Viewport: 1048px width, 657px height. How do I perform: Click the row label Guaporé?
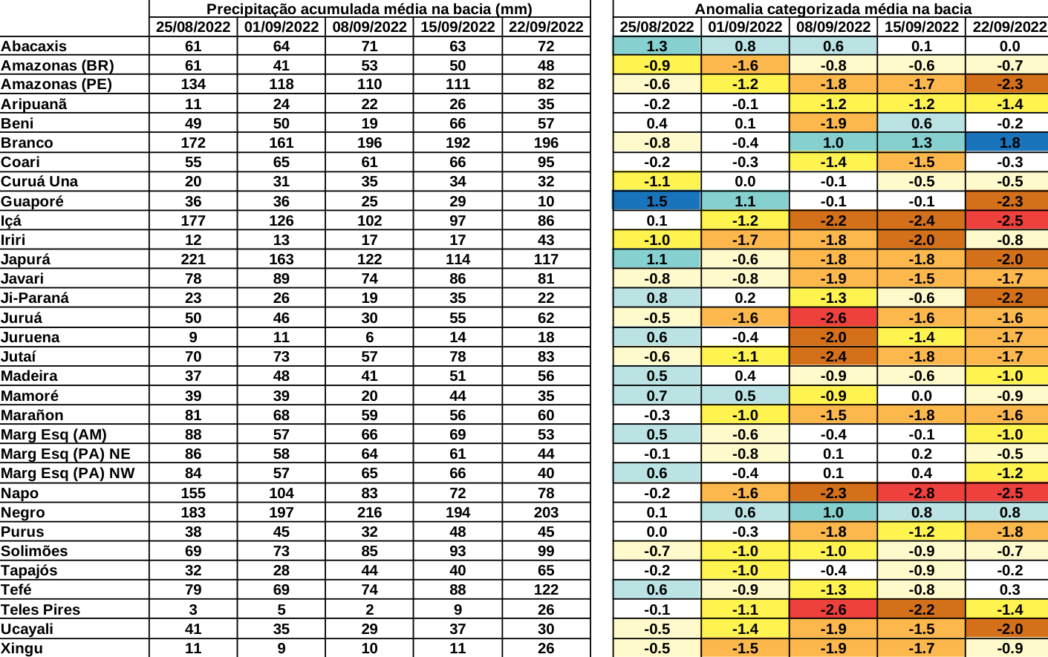[x=32, y=201]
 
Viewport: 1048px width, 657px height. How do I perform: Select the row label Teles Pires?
[x=40, y=609]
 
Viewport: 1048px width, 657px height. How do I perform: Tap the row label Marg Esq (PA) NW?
[x=68, y=473]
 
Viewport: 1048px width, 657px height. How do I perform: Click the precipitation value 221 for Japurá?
[x=193, y=259]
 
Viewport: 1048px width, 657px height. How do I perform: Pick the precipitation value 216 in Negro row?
[x=369, y=512]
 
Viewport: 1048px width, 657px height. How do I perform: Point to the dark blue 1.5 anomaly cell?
[x=657, y=201]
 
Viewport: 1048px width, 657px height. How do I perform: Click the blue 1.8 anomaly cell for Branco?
[x=1009, y=143]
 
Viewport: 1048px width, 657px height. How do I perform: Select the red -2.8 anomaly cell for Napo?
[x=921, y=493]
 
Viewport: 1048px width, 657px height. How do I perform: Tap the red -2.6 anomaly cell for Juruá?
[x=833, y=318]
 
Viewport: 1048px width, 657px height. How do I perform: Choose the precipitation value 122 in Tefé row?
[x=546, y=589]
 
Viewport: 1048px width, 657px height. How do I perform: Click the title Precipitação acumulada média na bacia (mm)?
[x=369, y=9]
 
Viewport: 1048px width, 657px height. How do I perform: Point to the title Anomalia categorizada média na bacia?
[x=833, y=9]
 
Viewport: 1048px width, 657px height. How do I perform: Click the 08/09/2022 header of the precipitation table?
[x=369, y=27]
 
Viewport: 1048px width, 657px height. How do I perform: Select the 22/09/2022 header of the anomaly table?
[x=1009, y=27]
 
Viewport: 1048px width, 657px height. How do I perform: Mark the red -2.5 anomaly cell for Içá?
[x=1009, y=220]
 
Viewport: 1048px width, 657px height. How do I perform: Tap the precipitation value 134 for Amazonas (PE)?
[x=193, y=84]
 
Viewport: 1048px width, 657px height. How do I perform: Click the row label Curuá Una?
[x=39, y=181]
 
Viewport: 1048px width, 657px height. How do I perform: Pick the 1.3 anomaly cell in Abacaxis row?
[x=657, y=46]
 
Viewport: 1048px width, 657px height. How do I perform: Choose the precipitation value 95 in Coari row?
[x=546, y=162]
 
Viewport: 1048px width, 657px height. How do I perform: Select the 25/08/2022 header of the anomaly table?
[x=657, y=27]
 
